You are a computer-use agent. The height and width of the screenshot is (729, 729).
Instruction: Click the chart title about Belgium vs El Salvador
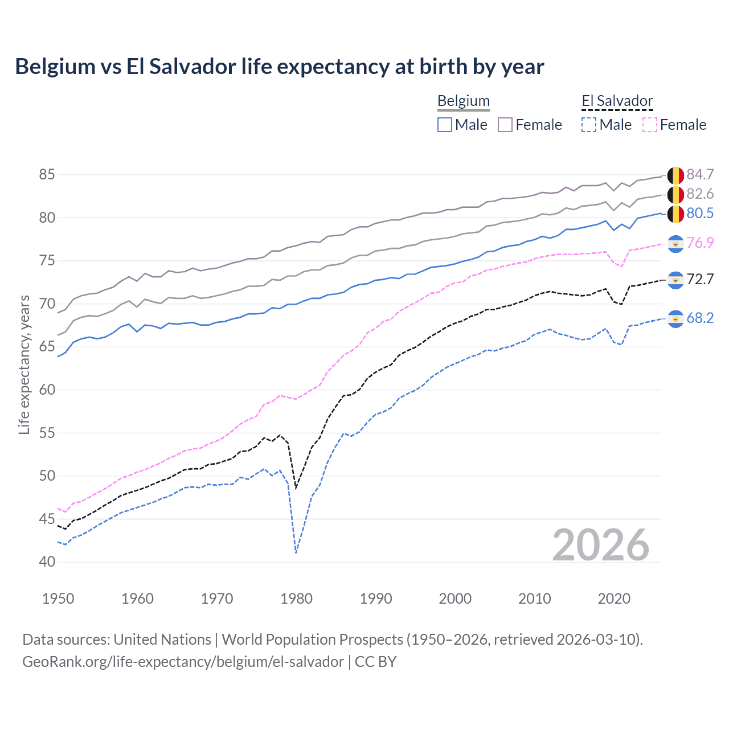279,67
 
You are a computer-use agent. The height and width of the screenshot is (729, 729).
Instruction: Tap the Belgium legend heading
463,101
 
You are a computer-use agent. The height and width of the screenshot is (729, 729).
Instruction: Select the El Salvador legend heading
617,101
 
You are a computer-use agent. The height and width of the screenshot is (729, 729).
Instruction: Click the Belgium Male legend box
445,125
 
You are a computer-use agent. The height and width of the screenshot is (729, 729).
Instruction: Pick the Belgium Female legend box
505,125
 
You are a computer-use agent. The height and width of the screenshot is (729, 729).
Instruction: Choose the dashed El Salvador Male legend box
589,125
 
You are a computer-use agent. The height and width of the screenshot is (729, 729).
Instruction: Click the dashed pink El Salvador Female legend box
650,125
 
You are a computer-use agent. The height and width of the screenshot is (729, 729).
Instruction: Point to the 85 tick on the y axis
47,174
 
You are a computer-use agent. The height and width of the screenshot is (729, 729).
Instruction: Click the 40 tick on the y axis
47,562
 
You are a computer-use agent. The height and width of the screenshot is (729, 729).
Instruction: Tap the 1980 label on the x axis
296,599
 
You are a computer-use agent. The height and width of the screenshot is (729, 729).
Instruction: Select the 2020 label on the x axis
614,599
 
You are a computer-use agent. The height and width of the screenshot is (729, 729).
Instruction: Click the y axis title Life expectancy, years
24,364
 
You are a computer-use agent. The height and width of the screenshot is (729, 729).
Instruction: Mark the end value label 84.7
700,174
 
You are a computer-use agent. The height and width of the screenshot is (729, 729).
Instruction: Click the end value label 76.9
700,243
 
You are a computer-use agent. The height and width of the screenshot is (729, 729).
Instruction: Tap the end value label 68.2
700,318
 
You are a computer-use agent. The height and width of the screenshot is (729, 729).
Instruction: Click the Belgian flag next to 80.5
675,214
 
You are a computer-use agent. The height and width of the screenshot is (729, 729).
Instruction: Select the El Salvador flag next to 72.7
675,280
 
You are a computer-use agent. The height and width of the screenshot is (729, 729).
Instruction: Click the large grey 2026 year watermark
600,545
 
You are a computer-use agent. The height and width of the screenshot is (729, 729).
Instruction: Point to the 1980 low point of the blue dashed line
296,552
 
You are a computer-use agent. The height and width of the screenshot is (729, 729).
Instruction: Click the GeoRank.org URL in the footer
183,662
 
